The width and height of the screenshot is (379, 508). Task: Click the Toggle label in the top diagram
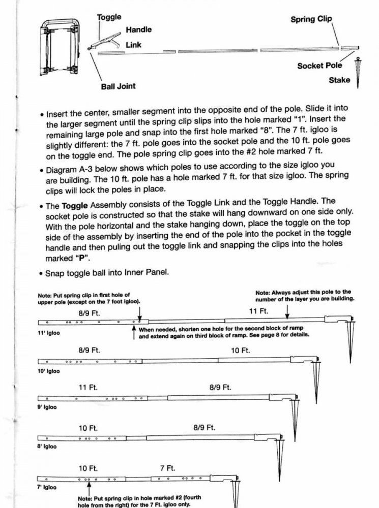[x=109, y=17]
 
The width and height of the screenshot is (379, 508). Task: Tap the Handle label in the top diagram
[x=138, y=29]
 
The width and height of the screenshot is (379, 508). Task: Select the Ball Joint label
[x=119, y=86]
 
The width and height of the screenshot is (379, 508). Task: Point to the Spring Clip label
[x=311, y=19]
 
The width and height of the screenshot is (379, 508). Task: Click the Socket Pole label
[x=319, y=66]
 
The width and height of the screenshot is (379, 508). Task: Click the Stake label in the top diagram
[x=339, y=80]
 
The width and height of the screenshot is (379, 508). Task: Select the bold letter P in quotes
[x=65, y=258]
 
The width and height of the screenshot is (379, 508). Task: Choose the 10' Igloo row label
[x=49, y=371]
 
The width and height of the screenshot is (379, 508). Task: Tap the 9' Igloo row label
[x=47, y=407]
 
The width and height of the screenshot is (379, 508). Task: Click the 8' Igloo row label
[x=47, y=447]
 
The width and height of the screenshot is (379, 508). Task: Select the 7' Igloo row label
[x=47, y=487]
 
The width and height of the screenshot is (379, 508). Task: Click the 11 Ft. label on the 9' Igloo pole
[x=88, y=387]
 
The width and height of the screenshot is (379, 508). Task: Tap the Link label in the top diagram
[x=134, y=45]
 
